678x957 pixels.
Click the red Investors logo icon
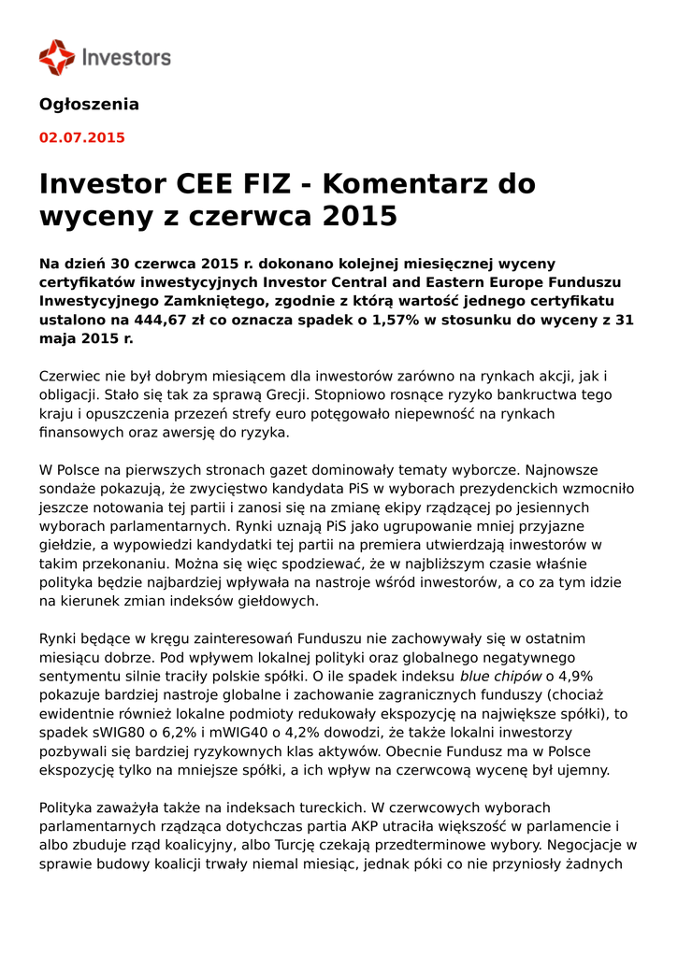pos(56,57)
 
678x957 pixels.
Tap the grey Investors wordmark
pos(127,58)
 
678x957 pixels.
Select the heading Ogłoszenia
pos(89,105)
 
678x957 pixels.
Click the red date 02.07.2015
pos(81,138)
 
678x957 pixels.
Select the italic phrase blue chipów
pos(501,677)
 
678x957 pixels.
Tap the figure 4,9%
pos(571,677)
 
